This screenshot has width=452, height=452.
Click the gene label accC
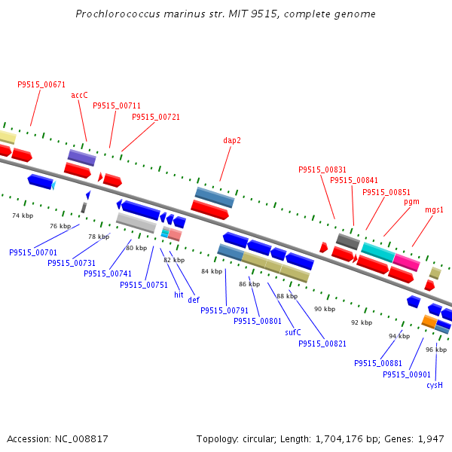click(80, 96)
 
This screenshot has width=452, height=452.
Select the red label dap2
click(232, 140)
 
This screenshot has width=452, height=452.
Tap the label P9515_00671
click(41, 84)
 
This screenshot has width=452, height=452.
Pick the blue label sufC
click(293, 332)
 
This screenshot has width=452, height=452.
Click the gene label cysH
click(435, 385)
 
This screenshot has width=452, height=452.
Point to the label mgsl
click(434, 210)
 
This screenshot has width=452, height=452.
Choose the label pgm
click(411, 202)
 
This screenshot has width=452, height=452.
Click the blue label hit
click(179, 295)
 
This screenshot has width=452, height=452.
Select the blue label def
click(194, 300)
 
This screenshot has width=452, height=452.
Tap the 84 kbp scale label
click(212, 271)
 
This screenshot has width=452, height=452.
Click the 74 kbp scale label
click(23, 215)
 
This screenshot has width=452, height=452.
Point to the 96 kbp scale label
click(436, 350)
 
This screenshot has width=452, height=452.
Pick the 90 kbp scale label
click(325, 310)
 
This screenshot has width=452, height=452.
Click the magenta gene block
click(406, 262)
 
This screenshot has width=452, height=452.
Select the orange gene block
click(429, 322)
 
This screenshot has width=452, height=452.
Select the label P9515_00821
click(322, 344)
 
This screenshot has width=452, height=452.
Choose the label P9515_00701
click(33, 252)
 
